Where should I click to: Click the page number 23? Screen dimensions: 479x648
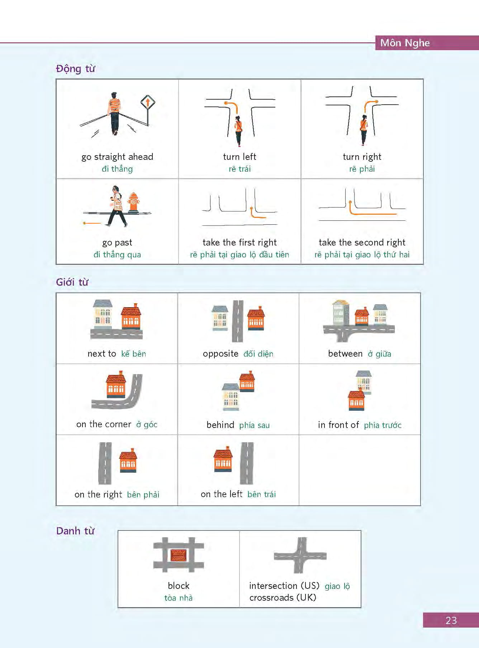coord(451,620)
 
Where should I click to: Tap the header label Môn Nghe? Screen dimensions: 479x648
coord(405,43)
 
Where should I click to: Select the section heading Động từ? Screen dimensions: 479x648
coord(75,68)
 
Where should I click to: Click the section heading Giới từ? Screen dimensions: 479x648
coord(72,282)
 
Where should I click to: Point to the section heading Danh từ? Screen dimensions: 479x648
coord(75,531)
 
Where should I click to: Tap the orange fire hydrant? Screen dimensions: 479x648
coord(133,203)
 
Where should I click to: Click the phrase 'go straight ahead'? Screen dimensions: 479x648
coord(117,157)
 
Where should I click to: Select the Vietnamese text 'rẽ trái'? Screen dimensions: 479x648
coord(240,169)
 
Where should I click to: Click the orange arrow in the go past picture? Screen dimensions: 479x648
coord(92,223)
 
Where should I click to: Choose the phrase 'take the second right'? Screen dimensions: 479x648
coord(362,243)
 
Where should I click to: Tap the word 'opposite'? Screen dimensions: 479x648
coord(220,354)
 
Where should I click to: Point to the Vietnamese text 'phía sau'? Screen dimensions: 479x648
coord(255,425)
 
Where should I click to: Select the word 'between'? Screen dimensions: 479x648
coord(345,354)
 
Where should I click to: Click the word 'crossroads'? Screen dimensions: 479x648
coord(271,597)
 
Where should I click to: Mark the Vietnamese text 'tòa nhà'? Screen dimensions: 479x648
coord(179,598)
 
